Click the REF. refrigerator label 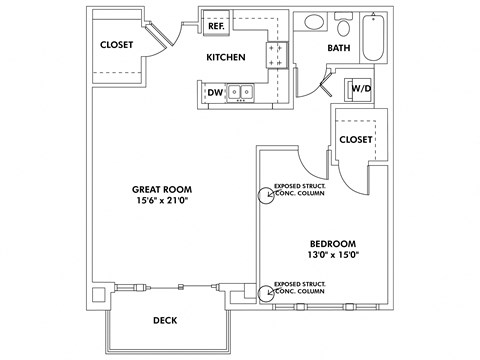point(217,27)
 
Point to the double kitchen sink point(240,93)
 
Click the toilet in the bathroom point(345,24)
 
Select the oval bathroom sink point(312,22)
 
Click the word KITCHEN point(226,58)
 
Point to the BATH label point(338,48)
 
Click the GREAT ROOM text point(162,189)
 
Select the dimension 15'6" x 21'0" point(162,201)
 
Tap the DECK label point(166,321)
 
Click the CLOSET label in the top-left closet point(117,45)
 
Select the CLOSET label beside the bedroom point(356,139)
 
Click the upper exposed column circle point(266,195)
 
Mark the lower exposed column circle point(266,292)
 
